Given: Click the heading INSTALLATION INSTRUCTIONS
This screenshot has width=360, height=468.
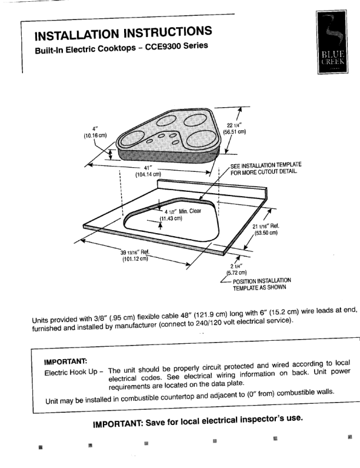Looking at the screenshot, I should coord(123,34).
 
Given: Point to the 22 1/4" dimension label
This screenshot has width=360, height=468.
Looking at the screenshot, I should coord(234,128).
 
